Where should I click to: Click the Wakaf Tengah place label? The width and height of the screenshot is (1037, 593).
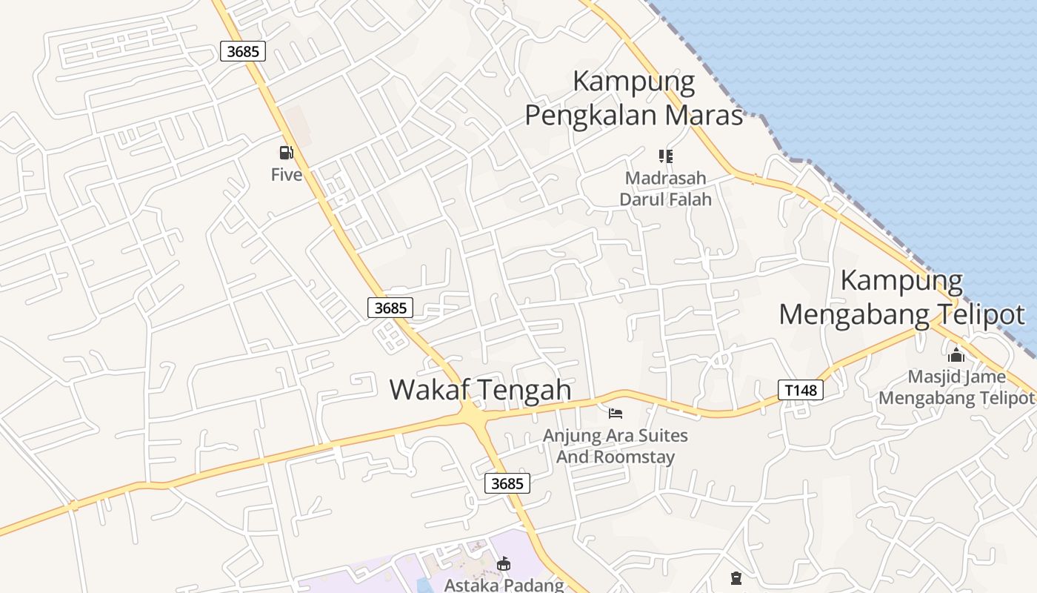tap(481, 390)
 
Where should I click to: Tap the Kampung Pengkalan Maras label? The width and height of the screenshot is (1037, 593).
tap(634, 99)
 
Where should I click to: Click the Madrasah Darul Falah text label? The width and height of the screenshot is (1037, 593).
tap(665, 188)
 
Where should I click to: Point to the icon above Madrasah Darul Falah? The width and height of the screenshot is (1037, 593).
tap(665, 156)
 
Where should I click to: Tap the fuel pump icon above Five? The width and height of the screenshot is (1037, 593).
tap(286, 153)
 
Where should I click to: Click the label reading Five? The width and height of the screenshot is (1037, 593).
tap(287, 175)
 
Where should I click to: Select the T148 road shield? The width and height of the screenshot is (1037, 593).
tap(801, 390)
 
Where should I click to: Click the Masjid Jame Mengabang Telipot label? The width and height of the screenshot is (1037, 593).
tap(956, 387)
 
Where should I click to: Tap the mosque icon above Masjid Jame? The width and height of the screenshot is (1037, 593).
tap(956, 355)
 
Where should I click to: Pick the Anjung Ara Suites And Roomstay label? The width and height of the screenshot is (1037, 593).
tap(615, 445)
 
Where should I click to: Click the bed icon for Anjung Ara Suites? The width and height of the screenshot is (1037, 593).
tap(615, 413)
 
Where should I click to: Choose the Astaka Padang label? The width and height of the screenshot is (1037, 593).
tap(504, 585)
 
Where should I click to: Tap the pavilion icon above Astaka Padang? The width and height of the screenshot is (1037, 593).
tap(504, 564)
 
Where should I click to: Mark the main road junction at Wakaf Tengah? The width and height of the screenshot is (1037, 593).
tap(474, 417)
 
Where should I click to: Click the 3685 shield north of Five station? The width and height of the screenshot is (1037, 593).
tap(243, 51)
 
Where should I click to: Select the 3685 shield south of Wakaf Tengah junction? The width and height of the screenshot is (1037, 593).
tap(507, 483)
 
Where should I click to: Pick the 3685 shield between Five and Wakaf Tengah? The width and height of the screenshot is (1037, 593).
tap(390, 308)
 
